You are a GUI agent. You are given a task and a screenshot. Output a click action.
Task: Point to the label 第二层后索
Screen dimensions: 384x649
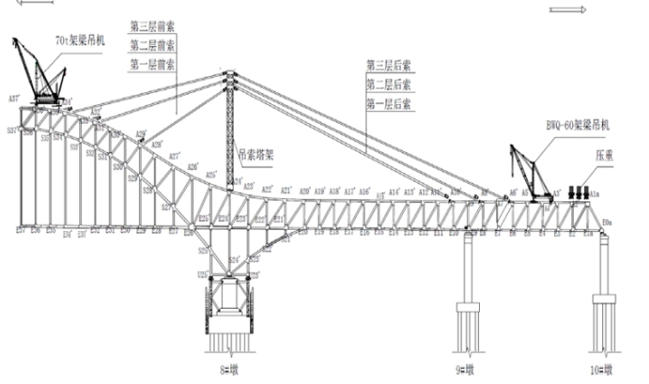click(x=389, y=84)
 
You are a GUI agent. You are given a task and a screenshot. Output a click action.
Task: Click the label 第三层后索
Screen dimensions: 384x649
click(x=389, y=65)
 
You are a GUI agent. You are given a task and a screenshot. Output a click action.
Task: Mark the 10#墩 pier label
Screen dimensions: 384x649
click(x=604, y=369)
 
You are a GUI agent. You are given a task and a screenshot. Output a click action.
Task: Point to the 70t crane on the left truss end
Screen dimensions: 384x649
click(x=38, y=73)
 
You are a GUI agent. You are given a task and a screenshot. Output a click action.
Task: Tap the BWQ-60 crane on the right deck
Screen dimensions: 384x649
click(x=530, y=175)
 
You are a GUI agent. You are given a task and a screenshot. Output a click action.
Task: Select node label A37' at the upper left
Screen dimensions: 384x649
click(x=14, y=99)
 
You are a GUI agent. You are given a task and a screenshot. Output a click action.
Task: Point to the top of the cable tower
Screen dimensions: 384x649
click(x=229, y=77)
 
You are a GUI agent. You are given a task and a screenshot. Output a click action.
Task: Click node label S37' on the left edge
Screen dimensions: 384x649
click(x=12, y=131)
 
